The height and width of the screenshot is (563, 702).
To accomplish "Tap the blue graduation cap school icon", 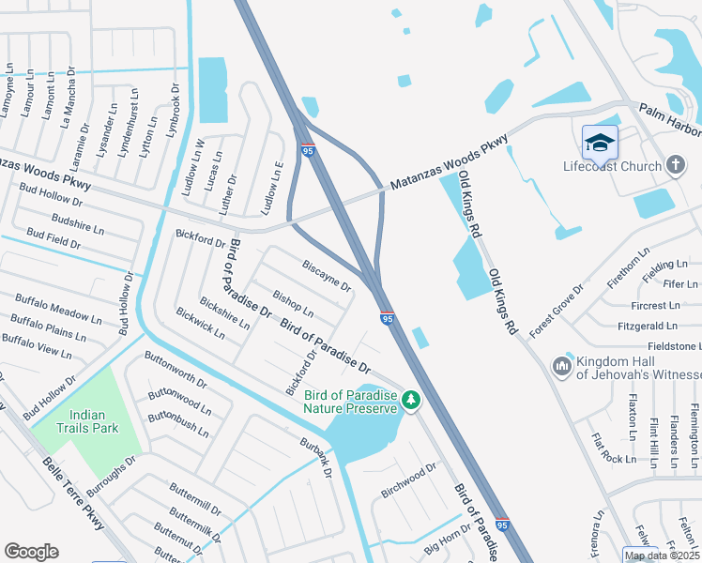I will point(600,143).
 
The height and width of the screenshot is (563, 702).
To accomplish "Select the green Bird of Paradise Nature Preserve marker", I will point(410,401).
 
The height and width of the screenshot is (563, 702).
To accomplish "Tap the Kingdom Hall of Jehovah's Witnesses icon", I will point(562,363).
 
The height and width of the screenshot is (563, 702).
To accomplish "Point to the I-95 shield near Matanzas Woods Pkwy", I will point(307,150).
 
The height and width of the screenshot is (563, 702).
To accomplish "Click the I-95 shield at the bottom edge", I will point(502,524).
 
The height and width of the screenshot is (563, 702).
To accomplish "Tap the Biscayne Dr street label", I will point(326,275).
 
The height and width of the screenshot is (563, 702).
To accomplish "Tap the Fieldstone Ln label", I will point(667,346).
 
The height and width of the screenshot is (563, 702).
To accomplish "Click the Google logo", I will point(31,552).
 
